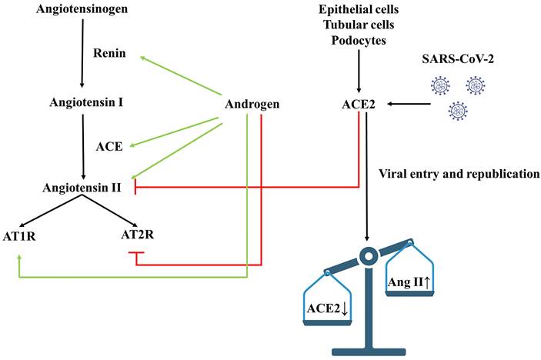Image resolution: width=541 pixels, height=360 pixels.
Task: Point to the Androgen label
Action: point(252,104)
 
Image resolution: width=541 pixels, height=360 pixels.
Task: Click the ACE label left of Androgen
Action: point(109,145)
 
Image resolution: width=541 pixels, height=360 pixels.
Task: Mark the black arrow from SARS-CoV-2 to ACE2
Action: point(409,103)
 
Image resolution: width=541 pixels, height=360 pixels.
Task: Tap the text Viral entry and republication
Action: point(459,174)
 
